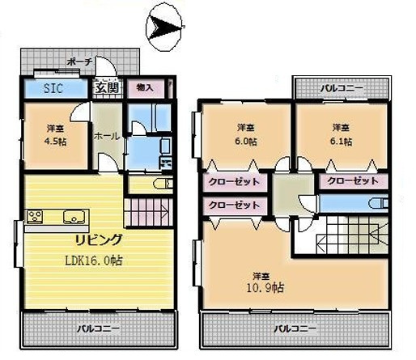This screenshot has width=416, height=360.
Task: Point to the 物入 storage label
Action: [146, 87]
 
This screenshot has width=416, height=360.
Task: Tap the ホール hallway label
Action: [107, 137]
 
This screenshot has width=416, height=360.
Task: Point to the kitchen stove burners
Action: [35, 216]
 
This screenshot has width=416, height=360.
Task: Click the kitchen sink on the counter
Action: [70, 216]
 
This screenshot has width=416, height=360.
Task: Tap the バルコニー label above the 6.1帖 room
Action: [341, 87]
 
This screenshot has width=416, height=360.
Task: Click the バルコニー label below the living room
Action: [99, 329]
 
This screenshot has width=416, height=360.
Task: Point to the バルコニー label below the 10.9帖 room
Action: [294, 329]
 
